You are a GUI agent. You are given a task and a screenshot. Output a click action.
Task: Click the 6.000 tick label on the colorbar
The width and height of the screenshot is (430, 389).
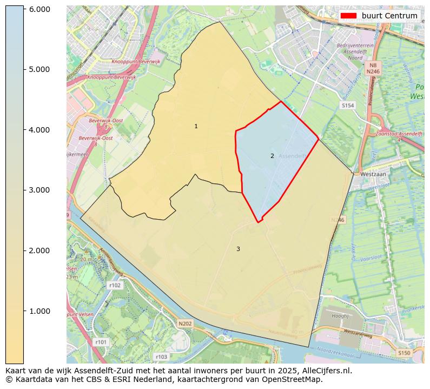coord(39,9)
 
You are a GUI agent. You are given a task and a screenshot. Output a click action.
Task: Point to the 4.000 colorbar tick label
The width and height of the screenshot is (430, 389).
coord(39,130)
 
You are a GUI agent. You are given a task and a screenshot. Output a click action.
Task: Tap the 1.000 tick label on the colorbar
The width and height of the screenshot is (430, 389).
coord(39,311)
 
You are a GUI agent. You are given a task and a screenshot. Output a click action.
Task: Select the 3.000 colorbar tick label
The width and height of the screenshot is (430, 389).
coord(39,190)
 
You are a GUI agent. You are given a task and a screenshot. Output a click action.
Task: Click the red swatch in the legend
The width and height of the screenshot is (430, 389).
coord(349,16)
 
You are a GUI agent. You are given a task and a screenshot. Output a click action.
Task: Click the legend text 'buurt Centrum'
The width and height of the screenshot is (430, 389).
coord(389,16)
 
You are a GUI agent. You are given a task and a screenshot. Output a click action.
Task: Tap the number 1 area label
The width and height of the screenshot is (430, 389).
coord(196,126)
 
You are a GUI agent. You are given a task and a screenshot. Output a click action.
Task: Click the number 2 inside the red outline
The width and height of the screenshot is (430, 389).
coord(272,156)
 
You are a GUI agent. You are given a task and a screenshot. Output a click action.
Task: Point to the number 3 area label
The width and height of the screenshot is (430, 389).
coord(238,249)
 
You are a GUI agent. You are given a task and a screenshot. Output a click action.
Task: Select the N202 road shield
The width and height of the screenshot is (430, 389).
coord(185,324)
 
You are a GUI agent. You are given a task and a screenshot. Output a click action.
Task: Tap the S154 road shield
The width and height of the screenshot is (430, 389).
coord(348,106)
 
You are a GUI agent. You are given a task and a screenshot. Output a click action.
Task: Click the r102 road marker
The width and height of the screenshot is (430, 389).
coord(115,285)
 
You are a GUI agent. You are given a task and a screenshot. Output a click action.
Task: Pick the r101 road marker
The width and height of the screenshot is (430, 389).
coord(101,342)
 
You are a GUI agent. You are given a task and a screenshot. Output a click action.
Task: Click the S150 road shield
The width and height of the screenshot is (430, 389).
coord(404,353)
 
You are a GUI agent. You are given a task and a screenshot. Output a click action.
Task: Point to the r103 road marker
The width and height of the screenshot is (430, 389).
coord(161,357)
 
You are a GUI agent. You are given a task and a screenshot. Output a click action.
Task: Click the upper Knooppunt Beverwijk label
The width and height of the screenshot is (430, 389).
coord(134,62)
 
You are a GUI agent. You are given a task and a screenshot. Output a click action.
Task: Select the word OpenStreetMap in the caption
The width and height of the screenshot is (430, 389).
coord(294,379)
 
